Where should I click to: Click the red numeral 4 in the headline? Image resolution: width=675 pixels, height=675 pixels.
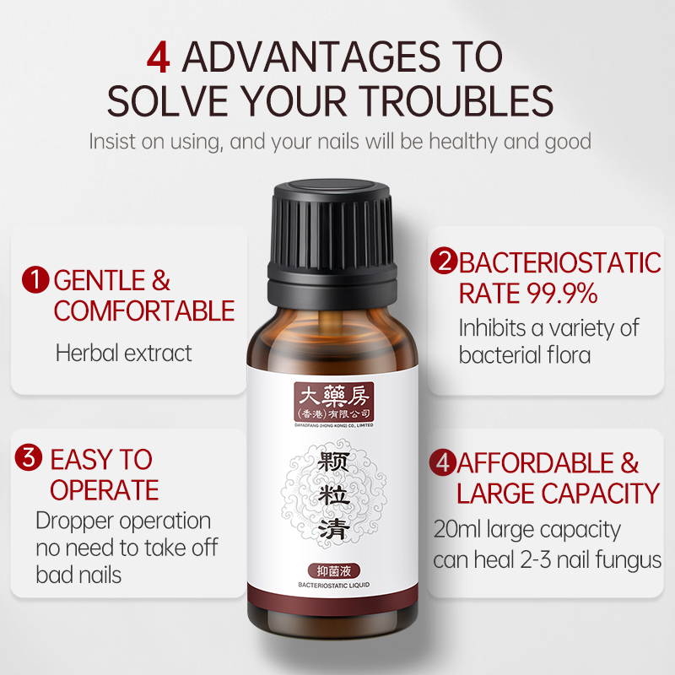coord(159,57)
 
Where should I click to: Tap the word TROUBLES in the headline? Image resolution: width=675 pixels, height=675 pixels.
coord(456,101)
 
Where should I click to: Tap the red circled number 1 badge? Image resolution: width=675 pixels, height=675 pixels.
coord(35,280)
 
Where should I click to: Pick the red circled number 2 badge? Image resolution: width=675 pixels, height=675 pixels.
coord(444,261)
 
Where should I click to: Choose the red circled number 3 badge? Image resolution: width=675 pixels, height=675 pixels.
coord(29,457)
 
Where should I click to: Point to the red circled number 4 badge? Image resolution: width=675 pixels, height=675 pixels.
coord(443,462)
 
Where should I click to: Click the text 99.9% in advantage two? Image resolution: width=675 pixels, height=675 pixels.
coord(562,293)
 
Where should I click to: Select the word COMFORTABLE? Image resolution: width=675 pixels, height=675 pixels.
coord(144,310)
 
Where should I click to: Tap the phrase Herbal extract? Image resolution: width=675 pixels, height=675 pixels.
coord(124,354)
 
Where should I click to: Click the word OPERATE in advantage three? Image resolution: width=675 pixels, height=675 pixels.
coord(105,490)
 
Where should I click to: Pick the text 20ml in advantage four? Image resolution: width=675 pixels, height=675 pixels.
coord(456,529)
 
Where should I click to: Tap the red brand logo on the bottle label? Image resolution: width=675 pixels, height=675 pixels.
coord(333,402)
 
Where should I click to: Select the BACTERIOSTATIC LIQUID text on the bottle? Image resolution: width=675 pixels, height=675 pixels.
coord(333,585)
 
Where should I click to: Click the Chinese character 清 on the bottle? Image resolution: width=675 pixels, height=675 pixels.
coord(333,529)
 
